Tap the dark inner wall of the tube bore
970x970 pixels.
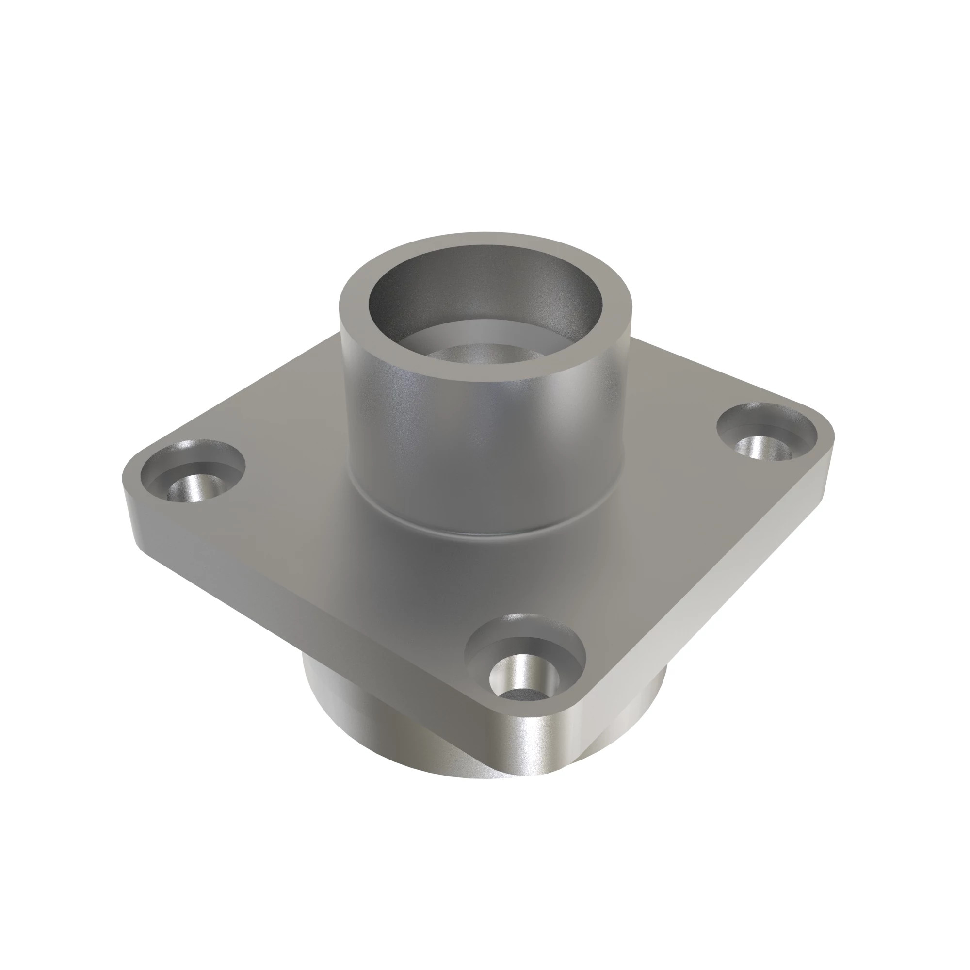pyautogui.click(x=402, y=296)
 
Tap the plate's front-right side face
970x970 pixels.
pyautogui.click(x=703, y=602)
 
